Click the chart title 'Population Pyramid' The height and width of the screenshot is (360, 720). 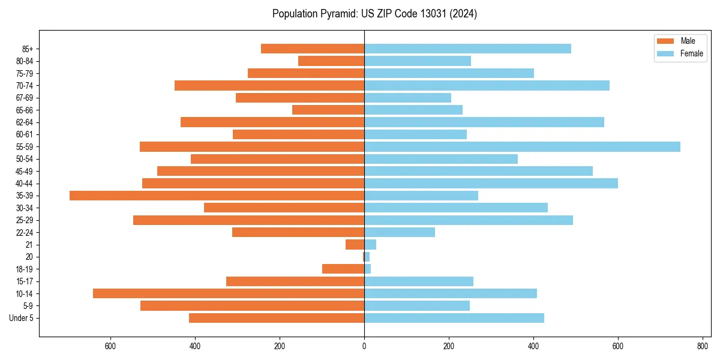click(x=374, y=14)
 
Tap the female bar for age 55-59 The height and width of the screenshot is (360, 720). click(x=522, y=146)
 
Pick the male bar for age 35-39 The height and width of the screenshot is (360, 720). click(x=217, y=196)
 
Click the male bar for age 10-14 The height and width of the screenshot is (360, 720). click(x=229, y=293)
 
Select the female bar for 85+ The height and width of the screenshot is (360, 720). click(x=467, y=49)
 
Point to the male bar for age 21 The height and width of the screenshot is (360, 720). click(x=355, y=244)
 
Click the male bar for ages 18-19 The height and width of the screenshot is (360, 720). click(x=343, y=269)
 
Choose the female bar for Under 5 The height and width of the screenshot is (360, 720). click(x=454, y=318)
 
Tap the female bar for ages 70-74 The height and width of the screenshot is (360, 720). click(x=487, y=85)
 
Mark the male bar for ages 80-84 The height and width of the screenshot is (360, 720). click(x=331, y=61)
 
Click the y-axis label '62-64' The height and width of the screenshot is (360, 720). click(x=25, y=122)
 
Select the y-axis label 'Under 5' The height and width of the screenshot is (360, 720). click(x=22, y=318)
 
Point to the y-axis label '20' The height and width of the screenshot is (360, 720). click(x=29, y=257)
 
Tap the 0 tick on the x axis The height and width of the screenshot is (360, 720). click(x=364, y=346)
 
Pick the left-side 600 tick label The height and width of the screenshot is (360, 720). click(x=110, y=346)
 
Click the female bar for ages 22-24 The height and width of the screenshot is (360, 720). click(x=400, y=232)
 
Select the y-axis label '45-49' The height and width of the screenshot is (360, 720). click(x=25, y=171)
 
